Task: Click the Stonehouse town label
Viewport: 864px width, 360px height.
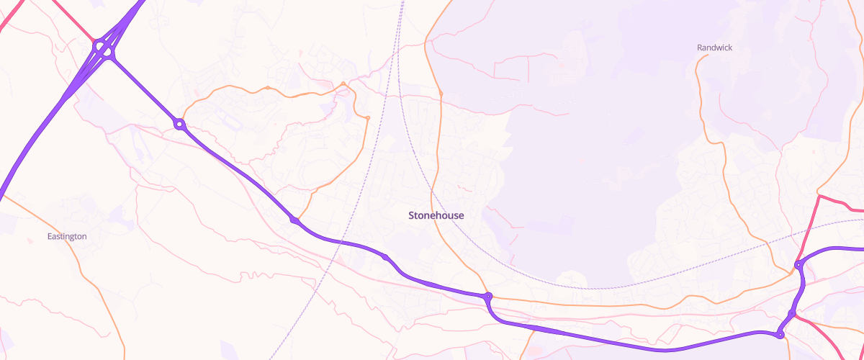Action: [x=436, y=215]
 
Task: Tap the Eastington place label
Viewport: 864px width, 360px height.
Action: [x=67, y=236]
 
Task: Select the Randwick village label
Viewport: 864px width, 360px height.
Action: [x=714, y=48]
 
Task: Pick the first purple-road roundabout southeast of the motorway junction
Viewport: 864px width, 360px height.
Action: [x=179, y=125]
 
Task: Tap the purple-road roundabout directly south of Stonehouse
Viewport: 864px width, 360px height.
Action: [x=487, y=296]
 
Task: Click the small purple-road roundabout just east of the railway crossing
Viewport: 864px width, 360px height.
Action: [x=385, y=257]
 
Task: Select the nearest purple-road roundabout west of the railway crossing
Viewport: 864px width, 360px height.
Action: [x=294, y=220]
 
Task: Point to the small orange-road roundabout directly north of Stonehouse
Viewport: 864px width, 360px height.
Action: [x=440, y=94]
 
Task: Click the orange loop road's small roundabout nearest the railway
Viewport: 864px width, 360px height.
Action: [x=367, y=117]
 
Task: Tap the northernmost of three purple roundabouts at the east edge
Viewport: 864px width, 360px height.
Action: [x=798, y=265]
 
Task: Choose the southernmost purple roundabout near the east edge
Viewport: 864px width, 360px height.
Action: [x=780, y=335]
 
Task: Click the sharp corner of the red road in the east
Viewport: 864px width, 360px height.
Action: [x=819, y=195]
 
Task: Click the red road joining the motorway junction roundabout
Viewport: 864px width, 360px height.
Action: [x=93, y=39]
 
